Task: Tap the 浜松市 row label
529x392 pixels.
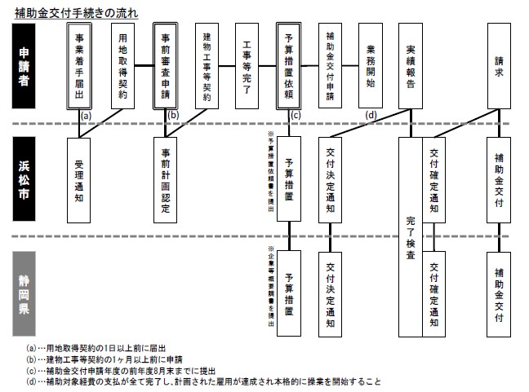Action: pyautogui.click(x=27, y=180)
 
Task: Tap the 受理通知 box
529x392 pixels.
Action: pyautogui.click(x=79, y=178)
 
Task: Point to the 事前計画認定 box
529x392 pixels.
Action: pyautogui.click(x=166, y=178)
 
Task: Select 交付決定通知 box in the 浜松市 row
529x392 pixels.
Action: pyautogui.click(x=332, y=178)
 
